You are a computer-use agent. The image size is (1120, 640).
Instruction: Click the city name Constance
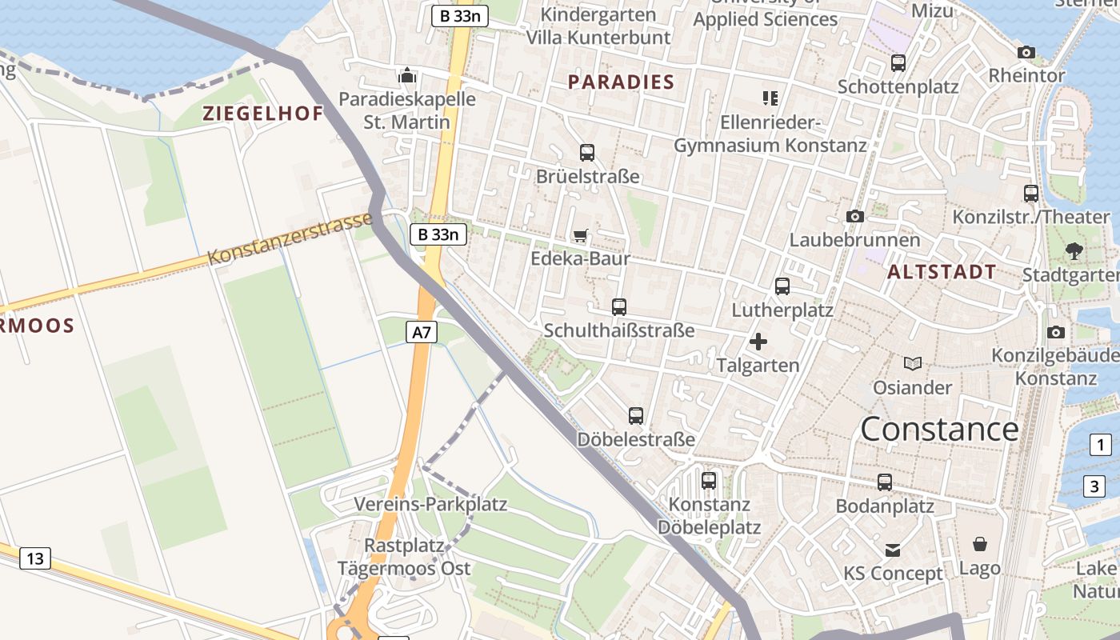click(x=939, y=430)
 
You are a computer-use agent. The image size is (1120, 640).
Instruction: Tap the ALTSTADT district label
click(x=942, y=272)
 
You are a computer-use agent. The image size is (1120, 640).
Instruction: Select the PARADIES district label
click(x=621, y=82)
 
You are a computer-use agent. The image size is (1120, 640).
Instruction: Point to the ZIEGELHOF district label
click(x=262, y=114)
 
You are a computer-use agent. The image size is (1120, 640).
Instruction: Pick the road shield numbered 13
click(x=35, y=558)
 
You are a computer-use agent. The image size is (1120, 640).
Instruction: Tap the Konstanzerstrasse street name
click(x=290, y=238)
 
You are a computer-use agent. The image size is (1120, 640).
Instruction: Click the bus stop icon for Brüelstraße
click(x=587, y=153)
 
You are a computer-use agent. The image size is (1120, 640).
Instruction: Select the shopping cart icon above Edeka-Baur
click(x=581, y=235)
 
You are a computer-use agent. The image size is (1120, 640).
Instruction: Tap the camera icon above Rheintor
click(x=1026, y=53)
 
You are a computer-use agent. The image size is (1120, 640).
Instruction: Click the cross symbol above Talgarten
click(x=758, y=342)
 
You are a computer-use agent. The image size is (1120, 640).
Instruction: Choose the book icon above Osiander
click(x=912, y=364)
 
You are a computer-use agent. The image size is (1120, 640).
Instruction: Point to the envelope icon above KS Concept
click(x=893, y=550)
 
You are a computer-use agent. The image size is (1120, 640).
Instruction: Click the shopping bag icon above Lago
click(x=980, y=545)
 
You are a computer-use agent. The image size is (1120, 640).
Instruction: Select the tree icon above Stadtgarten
click(x=1074, y=251)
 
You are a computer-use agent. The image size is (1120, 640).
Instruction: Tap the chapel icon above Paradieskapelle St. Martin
click(x=407, y=76)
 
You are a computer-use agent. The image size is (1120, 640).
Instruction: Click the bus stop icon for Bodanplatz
click(x=885, y=482)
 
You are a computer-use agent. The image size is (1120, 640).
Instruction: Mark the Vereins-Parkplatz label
click(x=430, y=505)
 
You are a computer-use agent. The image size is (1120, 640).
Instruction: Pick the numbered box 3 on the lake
click(x=1094, y=486)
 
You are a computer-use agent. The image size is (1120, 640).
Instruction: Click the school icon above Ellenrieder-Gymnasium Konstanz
click(x=770, y=98)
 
